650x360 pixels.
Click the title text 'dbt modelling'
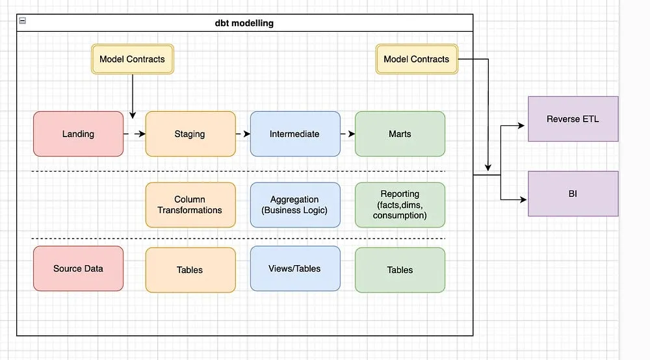tap(244, 23)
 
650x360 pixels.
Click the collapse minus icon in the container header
tap(22, 21)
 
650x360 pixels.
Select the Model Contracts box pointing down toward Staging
tap(132, 59)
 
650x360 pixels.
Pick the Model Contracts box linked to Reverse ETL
tap(416, 59)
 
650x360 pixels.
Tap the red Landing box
tap(78, 134)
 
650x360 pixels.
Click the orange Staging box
tap(190, 134)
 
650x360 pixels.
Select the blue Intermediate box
tap(294, 134)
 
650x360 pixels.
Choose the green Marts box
tap(400, 134)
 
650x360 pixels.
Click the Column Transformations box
tap(190, 205)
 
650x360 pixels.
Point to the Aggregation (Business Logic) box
tap(294, 205)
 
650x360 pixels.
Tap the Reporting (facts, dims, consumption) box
tap(400, 205)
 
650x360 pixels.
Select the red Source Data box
tap(78, 268)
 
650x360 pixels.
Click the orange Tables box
tap(190, 270)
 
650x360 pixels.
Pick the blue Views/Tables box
tap(294, 268)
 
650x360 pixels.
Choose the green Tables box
tap(400, 270)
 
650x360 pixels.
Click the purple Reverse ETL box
tap(573, 119)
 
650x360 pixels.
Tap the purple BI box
tap(573, 194)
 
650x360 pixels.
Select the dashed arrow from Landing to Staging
tap(134, 135)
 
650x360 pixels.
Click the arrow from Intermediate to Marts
tap(347, 135)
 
